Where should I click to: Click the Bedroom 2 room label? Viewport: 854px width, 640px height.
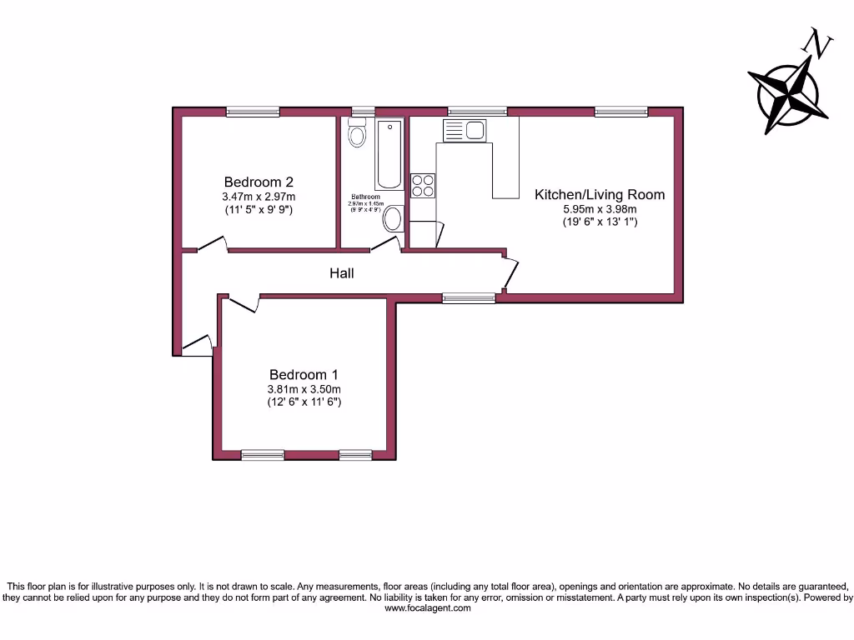[x=259, y=182]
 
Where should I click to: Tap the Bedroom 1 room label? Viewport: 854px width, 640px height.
[x=304, y=375]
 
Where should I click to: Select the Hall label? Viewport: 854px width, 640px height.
[x=341, y=272]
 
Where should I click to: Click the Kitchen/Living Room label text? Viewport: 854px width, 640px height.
[x=600, y=194]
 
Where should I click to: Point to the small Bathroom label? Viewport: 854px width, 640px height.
[x=365, y=197]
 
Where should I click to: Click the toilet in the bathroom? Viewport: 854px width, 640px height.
[x=357, y=134]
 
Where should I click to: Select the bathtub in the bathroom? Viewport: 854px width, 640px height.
[x=389, y=155]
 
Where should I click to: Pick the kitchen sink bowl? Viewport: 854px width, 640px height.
[x=475, y=130]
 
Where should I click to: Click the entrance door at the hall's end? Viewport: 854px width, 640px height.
[x=197, y=345]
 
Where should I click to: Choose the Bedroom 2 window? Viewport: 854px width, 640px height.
[x=253, y=112]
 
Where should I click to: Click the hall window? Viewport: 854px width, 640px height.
[x=468, y=297]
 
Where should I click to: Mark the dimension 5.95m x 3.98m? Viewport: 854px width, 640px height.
[x=600, y=209]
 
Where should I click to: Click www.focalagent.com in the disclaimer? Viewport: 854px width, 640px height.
[x=427, y=608]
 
